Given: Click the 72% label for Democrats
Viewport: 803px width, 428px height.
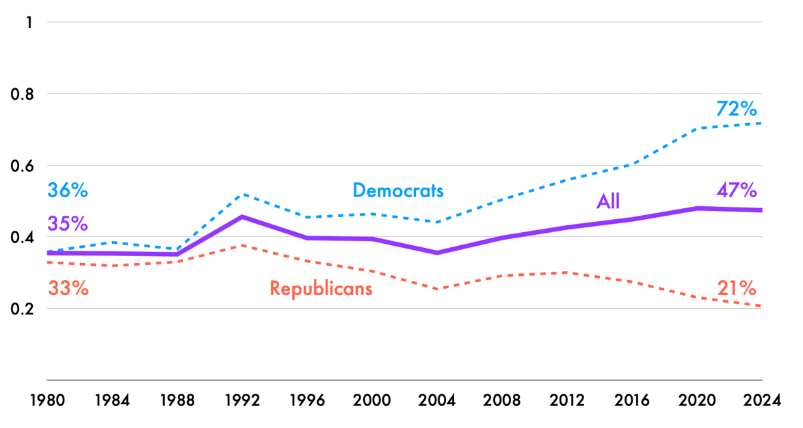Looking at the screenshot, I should tap(736, 109).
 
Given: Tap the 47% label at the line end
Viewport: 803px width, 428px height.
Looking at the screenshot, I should tap(736, 190).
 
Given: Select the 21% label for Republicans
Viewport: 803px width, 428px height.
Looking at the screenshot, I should tap(736, 288).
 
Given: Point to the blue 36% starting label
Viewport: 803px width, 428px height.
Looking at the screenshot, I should tap(68, 190).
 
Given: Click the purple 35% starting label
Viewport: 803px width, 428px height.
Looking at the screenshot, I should tap(68, 223).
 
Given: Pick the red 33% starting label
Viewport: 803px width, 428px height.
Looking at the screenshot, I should tap(68, 288).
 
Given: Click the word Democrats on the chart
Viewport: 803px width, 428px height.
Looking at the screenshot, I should tap(398, 190).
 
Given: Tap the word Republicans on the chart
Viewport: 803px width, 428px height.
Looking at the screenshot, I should tap(321, 288).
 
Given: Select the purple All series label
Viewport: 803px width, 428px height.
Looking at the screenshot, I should tap(607, 201).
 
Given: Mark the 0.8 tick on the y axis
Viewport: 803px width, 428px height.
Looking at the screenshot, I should tap(22, 94).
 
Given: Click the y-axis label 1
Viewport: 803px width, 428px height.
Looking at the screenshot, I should tap(29, 23).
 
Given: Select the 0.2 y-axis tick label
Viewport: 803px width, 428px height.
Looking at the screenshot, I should tap(22, 309).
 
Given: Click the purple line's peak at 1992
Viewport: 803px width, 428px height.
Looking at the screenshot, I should tap(242, 216).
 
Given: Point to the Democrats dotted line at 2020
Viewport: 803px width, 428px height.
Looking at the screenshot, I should tap(697, 128).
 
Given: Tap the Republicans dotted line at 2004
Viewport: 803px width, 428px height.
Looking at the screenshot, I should tap(437, 289).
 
